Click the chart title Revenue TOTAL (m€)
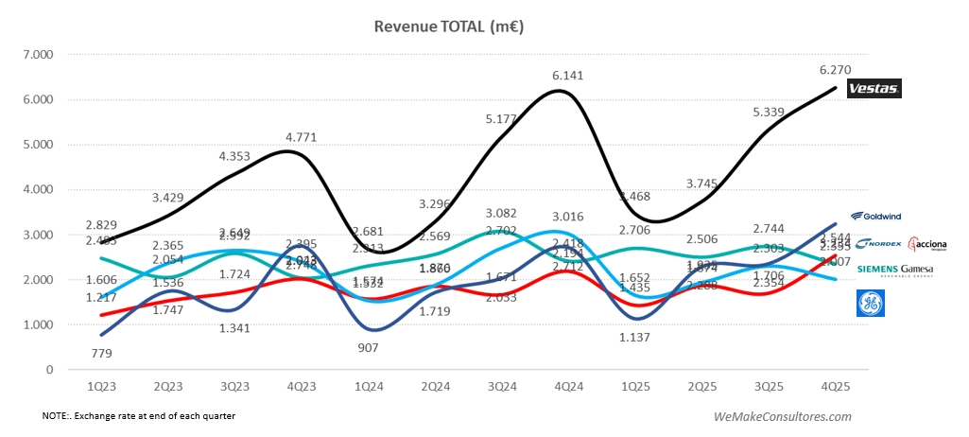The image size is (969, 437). (449, 26)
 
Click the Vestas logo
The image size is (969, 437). (874, 89)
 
